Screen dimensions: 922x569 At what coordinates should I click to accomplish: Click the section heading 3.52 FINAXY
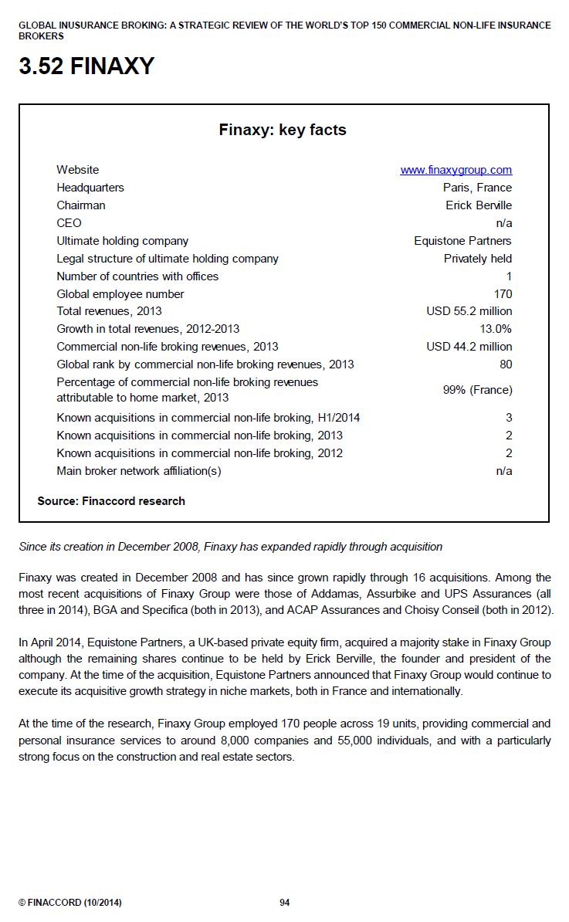click(x=86, y=67)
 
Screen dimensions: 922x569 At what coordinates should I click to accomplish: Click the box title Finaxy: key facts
click(x=283, y=130)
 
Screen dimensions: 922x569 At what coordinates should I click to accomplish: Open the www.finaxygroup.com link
click(x=456, y=170)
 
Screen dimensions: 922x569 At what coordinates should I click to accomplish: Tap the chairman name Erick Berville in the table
click(x=479, y=205)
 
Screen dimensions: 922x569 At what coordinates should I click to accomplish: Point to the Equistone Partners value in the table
click(x=462, y=241)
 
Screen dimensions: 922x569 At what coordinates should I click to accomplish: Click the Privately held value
click(x=477, y=259)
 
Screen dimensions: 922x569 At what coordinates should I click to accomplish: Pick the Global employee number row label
click(x=120, y=294)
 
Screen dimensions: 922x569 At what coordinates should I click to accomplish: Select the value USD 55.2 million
click(x=469, y=311)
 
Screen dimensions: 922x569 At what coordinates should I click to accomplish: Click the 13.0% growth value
click(x=494, y=329)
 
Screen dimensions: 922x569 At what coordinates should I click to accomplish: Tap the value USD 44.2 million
click(x=469, y=347)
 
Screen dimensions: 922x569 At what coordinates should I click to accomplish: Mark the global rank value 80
click(x=506, y=364)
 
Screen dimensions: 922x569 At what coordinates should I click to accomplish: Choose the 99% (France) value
click(x=477, y=390)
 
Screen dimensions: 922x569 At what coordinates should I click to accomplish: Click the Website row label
click(x=77, y=170)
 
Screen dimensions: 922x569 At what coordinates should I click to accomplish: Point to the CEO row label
click(x=69, y=223)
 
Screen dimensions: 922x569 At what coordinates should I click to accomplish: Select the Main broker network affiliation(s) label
click(x=139, y=471)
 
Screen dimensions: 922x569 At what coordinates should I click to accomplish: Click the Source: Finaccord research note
click(x=111, y=501)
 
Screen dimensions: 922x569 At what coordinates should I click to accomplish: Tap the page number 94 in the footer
click(x=284, y=902)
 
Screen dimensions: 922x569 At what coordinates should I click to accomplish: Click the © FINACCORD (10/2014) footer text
click(x=69, y=902)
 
